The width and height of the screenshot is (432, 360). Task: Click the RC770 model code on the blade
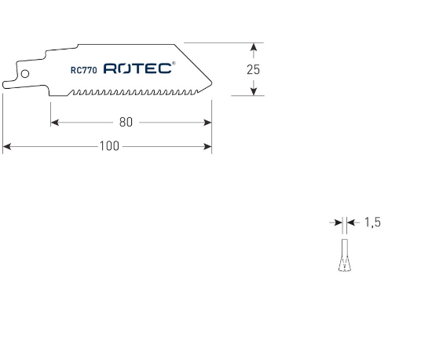pos(82,69)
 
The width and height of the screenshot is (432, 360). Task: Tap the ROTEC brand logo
pos(137,69)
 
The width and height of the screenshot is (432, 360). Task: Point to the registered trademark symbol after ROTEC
pos(174,64)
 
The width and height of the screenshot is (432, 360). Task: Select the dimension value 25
pos(253,69)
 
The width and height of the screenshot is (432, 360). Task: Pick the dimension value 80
pos(126,123)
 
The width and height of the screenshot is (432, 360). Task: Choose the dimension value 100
pos(109,146)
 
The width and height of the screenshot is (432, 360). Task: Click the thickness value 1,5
pos(372,223)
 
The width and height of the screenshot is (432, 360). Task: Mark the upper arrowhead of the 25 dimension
pos(253,47)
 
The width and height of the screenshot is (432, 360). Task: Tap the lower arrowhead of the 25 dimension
pos(253,91)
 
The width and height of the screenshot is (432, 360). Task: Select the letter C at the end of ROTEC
pos(165,69)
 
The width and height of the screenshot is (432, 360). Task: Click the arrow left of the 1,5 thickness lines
pos(336,223)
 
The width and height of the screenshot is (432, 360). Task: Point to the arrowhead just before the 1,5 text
pos(351,223)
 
